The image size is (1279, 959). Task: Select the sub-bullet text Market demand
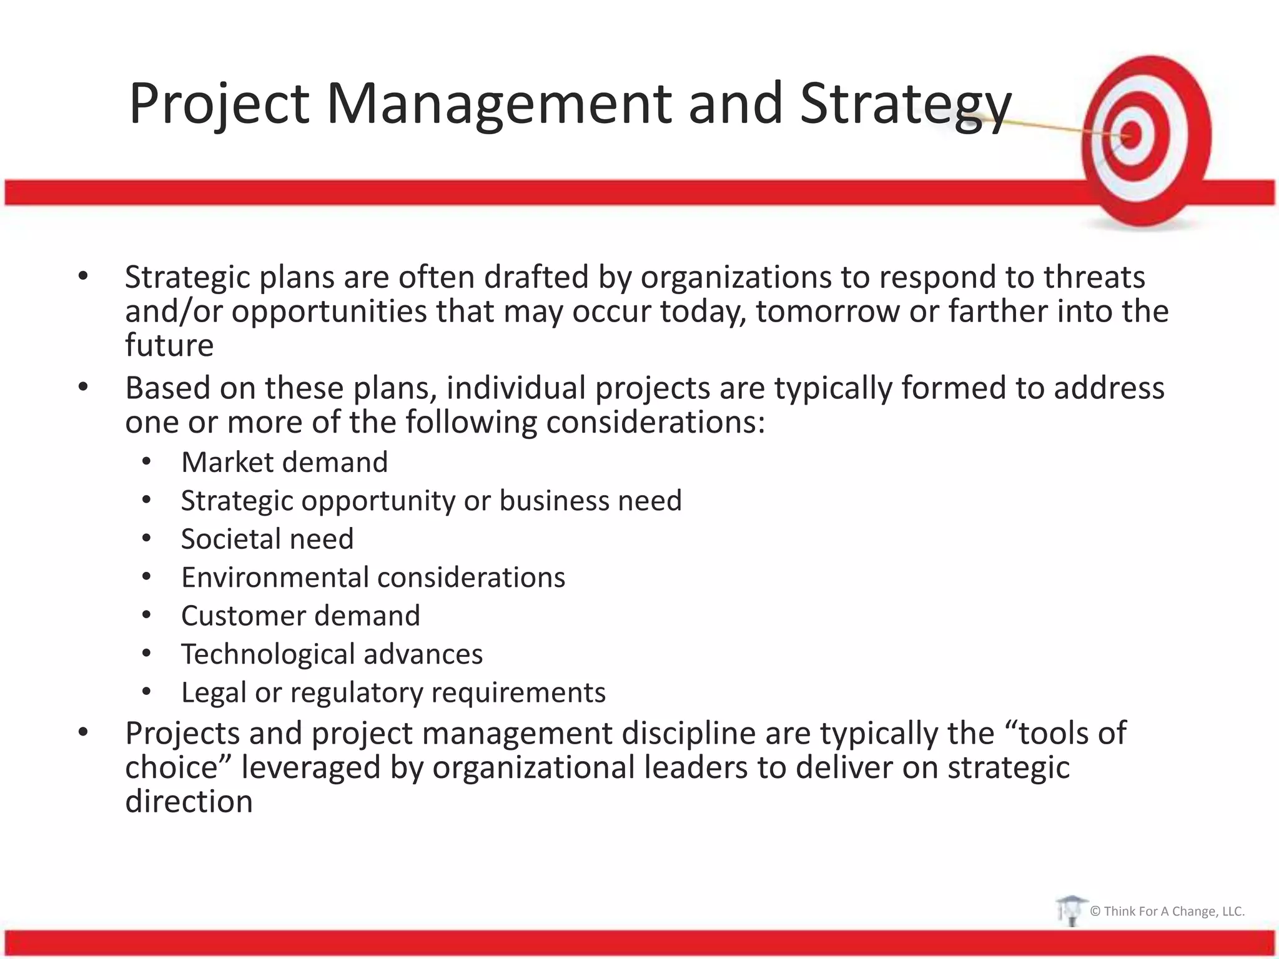tap(284, 463)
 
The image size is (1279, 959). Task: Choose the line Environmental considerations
tap(373, 578)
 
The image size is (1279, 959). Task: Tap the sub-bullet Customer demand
tap(300, 616)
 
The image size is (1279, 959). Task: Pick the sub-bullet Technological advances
tap(332, 654)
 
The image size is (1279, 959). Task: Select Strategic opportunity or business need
tap(431, 501)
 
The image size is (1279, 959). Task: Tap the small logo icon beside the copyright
tap(1070, 910)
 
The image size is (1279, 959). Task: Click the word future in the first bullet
tap(169, 345)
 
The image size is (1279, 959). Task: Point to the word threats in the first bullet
tap(1094, 277)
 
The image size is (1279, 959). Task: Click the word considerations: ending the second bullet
tap(655, 423)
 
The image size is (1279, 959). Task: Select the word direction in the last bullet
tap(189, 802)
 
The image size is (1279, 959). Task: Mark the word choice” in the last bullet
tap(178, 767)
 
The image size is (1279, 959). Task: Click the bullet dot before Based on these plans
tap(83, 388)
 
